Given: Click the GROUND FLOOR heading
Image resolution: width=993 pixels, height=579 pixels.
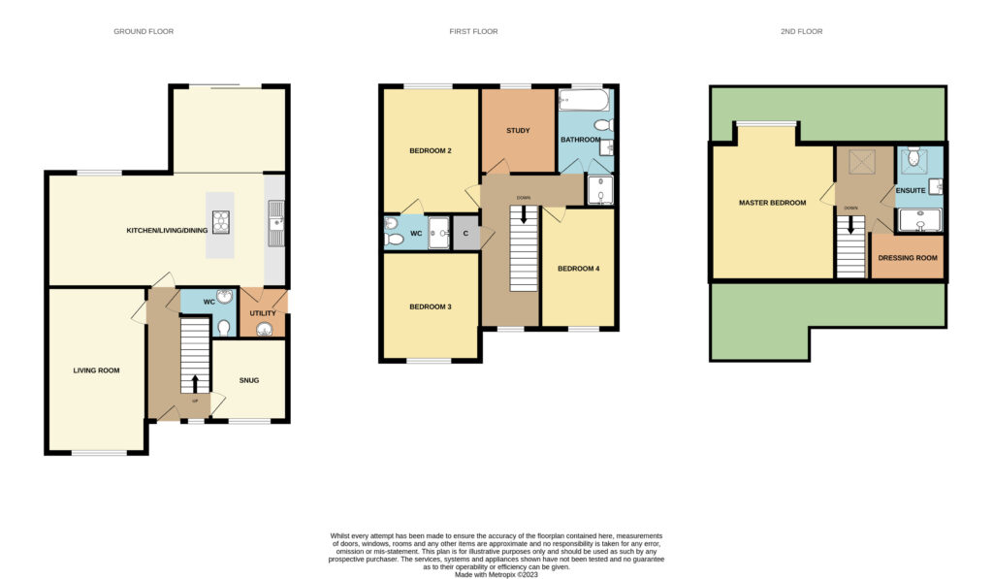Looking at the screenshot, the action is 144,31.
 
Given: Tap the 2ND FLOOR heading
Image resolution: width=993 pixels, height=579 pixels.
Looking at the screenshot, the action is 801,31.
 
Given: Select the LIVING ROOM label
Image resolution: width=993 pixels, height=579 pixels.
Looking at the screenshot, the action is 96,370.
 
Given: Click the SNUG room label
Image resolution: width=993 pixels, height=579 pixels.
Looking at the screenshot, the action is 249,380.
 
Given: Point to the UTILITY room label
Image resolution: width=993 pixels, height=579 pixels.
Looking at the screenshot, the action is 263,313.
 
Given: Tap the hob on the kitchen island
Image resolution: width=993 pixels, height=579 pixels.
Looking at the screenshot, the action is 220,222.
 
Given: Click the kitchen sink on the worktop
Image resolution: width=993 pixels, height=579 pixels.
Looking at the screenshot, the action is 276,223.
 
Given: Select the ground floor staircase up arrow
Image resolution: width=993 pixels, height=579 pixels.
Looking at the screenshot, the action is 195,384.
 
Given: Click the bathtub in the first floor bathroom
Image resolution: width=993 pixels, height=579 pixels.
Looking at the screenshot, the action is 584,100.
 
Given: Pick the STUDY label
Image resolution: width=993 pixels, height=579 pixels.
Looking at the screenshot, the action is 518,131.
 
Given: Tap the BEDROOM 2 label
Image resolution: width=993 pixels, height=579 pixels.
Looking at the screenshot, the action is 431,150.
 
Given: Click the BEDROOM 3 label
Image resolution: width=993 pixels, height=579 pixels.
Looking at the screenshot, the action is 431,306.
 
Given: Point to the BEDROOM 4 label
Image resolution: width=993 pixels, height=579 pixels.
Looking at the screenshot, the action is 578,269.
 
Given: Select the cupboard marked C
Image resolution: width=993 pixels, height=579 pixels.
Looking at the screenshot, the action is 465,234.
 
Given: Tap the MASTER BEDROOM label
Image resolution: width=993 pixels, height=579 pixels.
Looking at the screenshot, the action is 773,203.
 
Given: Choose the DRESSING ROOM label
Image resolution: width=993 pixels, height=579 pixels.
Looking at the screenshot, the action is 908,258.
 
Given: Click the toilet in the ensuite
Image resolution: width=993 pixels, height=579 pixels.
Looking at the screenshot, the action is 913,156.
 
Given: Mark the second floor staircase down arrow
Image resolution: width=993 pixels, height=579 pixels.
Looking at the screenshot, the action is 851,224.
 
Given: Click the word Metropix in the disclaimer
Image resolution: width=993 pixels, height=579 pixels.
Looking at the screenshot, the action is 502,574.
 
